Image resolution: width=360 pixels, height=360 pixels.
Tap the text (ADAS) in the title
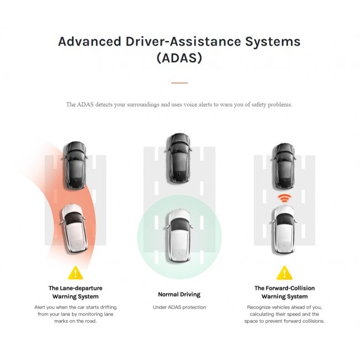pos(179,58)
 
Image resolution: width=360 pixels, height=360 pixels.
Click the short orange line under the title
pos(179,83)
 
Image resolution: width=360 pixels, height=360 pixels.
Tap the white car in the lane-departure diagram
pos(73,227)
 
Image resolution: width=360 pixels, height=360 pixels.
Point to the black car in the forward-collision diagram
pos(284,165)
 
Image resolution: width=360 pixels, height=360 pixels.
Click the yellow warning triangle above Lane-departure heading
pos(75,272)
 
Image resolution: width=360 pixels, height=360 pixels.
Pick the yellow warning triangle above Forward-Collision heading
pos(285,272)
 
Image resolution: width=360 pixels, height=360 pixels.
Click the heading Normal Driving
pos(179,295)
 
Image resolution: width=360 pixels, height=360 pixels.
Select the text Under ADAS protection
pos(179,307)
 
